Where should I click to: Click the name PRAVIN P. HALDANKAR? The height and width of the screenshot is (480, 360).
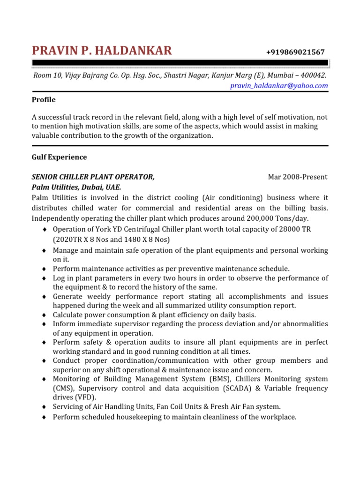pos(102,51)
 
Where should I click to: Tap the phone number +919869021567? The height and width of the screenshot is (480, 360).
pos(295,52)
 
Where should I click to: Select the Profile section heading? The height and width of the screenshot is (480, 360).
pos(44,100)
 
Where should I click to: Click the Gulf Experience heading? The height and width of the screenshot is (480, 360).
pos(59,157)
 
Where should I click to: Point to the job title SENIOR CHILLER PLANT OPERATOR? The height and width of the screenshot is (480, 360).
pos(93,177)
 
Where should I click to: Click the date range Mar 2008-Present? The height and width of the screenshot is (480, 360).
pos(297,177)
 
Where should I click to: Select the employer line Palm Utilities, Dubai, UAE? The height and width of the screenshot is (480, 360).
pos(76,187)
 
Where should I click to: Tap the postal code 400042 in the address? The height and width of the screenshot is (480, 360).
pos(314,75)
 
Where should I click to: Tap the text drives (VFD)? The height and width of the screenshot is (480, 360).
pos(74,397)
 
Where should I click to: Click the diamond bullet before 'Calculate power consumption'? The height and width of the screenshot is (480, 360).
pos(44,315)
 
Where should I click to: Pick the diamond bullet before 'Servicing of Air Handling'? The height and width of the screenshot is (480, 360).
pos(44,407)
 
